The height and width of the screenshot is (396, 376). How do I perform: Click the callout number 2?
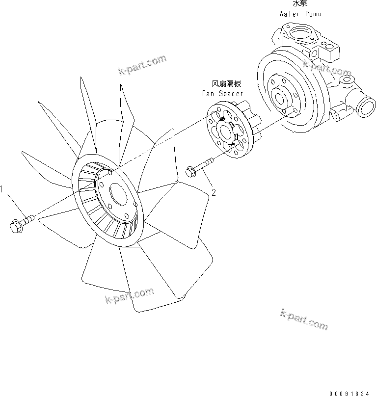point(214,192)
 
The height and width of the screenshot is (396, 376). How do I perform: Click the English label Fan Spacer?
point(222,93)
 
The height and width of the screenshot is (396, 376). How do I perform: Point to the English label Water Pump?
point(300,14)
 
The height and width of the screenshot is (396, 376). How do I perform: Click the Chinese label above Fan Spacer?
point(226,84)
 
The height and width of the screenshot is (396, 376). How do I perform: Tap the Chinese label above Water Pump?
point(300,3)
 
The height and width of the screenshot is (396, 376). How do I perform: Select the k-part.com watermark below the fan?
point(129,296)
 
